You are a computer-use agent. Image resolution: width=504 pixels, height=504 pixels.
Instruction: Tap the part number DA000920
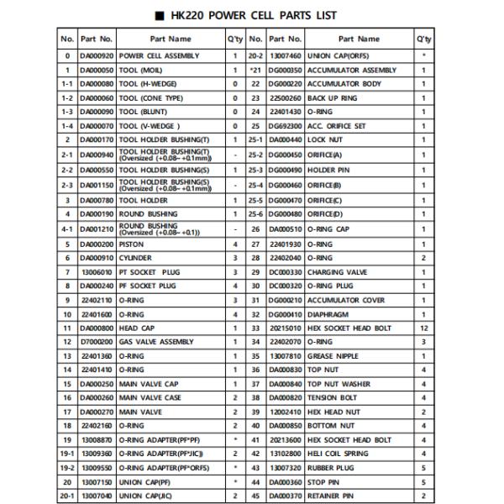96,55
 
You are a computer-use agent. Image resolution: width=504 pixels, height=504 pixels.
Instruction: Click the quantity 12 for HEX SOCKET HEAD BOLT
423,328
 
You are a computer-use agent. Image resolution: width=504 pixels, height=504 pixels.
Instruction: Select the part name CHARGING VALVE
337,271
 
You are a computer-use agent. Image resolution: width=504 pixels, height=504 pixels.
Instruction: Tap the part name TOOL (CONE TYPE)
150,98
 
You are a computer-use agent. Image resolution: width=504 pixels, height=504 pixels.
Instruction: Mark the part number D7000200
96,342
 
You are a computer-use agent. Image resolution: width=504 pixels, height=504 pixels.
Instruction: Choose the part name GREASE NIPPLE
333,356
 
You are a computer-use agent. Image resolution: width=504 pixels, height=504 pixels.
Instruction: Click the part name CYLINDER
135,257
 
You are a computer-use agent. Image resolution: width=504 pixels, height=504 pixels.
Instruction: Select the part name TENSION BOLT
332,398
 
